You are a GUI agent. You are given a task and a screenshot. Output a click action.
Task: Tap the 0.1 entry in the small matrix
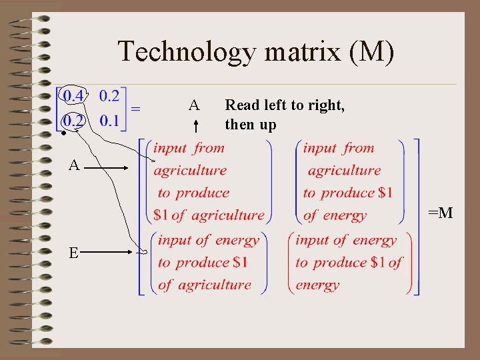(x=109, y=121)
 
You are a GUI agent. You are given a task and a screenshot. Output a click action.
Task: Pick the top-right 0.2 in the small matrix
(x=109, y=95)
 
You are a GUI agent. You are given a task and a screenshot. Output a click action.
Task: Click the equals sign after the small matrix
(x=136, y=107)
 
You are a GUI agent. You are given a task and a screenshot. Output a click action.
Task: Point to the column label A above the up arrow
(x=194, y=105)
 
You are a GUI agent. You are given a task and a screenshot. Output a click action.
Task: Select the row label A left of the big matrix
(x=74, y=165)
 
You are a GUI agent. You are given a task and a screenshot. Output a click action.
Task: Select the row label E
(x=74, y=252)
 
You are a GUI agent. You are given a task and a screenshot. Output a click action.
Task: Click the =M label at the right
(x=440, y=213)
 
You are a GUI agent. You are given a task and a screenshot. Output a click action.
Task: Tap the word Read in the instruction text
(x=241, y=105)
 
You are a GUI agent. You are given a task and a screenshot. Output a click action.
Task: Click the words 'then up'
(x=251, y=125)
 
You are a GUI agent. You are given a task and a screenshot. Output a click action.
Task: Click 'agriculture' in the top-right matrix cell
(x=344, y=170)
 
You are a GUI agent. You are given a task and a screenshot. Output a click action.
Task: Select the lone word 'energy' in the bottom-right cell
(x=317, y=285)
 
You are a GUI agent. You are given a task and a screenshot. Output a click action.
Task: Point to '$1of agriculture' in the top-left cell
(x=209, y=215)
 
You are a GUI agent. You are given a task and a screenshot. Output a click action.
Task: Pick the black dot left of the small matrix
(x=61, y=133)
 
